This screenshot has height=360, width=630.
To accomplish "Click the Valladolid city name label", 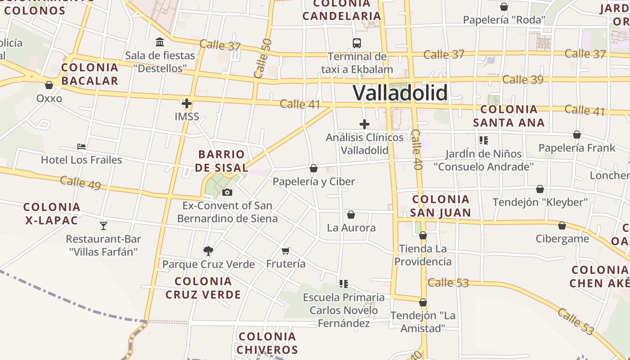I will pyautogui.click(x=400, y=93).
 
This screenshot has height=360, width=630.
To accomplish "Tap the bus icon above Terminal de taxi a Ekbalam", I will pyautogui.click(x=357, y=43).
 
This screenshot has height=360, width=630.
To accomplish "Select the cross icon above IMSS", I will pyautogui.click(x=187, y=103).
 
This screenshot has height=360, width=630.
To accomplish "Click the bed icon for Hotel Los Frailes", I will pyautogui.click(x=81, y=147).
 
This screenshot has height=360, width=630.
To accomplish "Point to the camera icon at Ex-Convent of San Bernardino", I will pyautogui.click(x=227, y=193).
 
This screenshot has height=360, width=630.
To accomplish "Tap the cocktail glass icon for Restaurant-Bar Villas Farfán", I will pyautogui.click(x=103, y=225).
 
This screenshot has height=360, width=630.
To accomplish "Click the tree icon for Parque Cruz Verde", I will pyautogui.click(x=208, y=251).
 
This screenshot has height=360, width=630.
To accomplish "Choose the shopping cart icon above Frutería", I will pyautogui.click(x=285, y=251).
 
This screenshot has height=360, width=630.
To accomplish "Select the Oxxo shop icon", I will pyautogui.click(x=49, y=85).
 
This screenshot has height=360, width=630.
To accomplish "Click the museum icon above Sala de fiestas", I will pyautogui.click(x=160, y=42).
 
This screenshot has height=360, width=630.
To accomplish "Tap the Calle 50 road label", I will pyautogui.click(x=263, y=58).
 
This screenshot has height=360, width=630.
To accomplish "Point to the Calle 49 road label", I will pyautogui.click(x=80, y=183).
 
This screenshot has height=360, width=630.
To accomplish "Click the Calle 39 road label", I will pyautogui.click(x=523, y=80).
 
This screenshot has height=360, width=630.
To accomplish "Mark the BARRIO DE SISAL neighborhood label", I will pyautogui.click(x=222, y=161).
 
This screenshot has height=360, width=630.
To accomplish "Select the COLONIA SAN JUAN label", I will pyautogui.click(x=441, y=206).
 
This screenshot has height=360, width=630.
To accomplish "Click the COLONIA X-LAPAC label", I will pyautogui.click(x=51, y=214).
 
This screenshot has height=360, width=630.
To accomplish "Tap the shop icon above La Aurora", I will pyautogui.click(x=351, y=215).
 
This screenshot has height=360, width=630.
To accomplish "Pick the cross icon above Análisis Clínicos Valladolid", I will pyautogui.click(x=364, y=124).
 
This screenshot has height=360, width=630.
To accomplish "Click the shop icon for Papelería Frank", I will pyautogui.click(x=577, y=135).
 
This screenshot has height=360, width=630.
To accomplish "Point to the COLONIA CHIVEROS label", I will pyautogui.click(x=267, y=343).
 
